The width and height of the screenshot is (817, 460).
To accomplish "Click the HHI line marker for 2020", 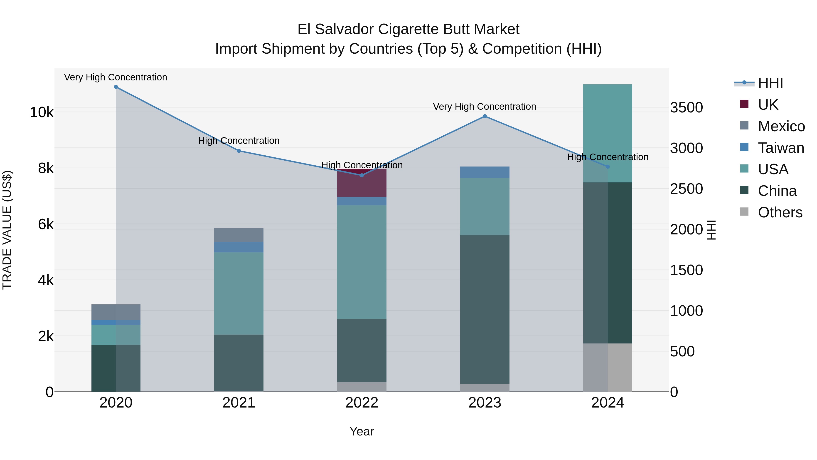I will click(x=116, y=87).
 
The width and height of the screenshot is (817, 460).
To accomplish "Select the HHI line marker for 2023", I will click(x=485, y=117).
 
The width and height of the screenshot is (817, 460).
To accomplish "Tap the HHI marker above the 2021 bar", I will click(x=239, y=151).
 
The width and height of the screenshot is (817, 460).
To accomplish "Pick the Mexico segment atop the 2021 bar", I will click(x=239, y=235).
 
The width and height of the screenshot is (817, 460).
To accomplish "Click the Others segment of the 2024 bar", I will click(x=608, y=367).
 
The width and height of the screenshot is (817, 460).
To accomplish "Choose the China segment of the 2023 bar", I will click(x=485, y=310).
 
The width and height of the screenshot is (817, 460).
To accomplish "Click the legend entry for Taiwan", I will click(x=780, y=148).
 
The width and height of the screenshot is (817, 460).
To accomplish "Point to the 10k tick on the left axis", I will click(x=42, y=112).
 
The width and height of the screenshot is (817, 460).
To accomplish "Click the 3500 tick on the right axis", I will click(x=686, y=108).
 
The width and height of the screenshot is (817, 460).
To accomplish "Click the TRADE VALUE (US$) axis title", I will click(x=7, y=230).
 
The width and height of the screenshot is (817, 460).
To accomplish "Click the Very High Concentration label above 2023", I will click(x=484, y=107).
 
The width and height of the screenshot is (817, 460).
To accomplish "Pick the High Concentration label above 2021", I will click(x=239, y=141).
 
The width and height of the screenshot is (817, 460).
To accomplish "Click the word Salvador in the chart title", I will click(x=345, y=30).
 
